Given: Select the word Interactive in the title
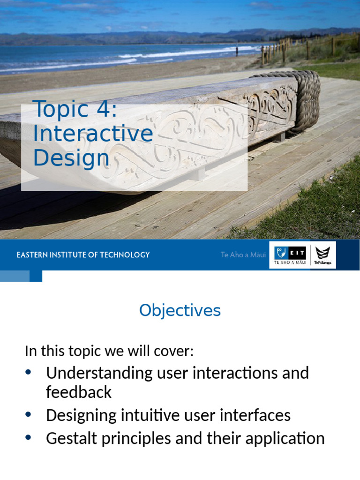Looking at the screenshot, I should [93, 134].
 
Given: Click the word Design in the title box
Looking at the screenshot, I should [71, 158].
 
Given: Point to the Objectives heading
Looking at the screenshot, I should [180, 310].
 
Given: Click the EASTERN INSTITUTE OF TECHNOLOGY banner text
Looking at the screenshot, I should [83, 255].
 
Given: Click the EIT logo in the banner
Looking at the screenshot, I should [288, 255].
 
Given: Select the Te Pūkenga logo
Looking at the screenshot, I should [323, 255].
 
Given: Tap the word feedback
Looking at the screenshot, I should [79, 392].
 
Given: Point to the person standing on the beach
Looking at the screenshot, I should [237, 50].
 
